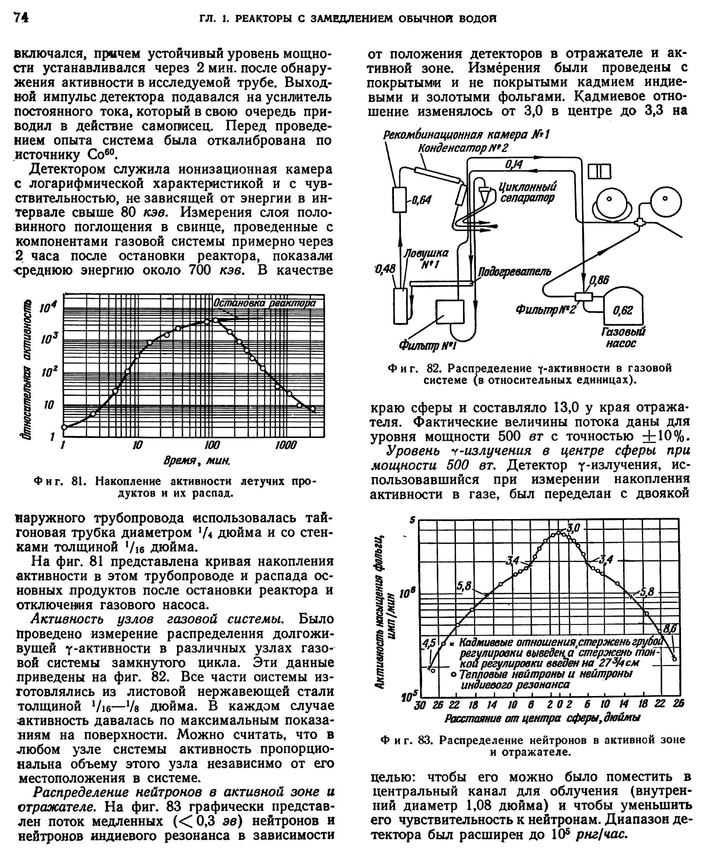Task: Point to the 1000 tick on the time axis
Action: (x=286, y=445)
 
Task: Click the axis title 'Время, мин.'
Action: (x=197, y=461)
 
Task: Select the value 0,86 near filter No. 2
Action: (x=599, y=280)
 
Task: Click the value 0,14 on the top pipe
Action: (x=514, y=164)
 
